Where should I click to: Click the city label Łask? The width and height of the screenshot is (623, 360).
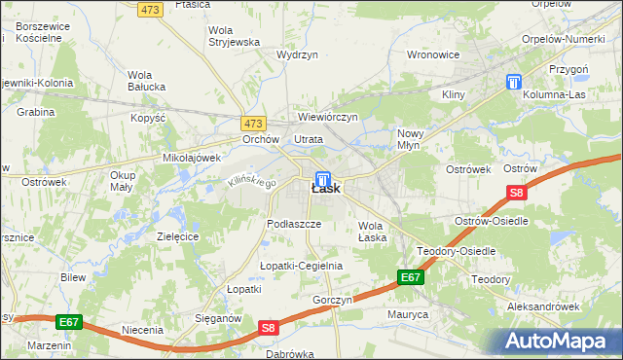[x=326, y=190]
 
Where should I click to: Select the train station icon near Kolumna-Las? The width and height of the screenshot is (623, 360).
[x=513, y=84]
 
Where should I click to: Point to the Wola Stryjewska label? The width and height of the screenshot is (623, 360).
[x=234, y=36]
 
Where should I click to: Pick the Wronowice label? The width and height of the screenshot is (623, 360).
[x=432, y=54]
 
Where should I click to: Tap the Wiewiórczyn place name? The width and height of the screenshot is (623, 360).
[x=328, y=117]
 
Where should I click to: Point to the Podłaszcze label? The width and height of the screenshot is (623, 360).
[x=294, y=224]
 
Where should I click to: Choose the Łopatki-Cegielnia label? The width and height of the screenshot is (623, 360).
[x=301, y=266]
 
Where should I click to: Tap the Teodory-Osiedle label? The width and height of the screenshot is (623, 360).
[x=457, y=251]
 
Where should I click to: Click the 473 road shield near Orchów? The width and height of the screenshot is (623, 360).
[x=253, y=123]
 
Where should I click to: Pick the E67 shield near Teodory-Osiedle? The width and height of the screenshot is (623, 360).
[x=411, y=278]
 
